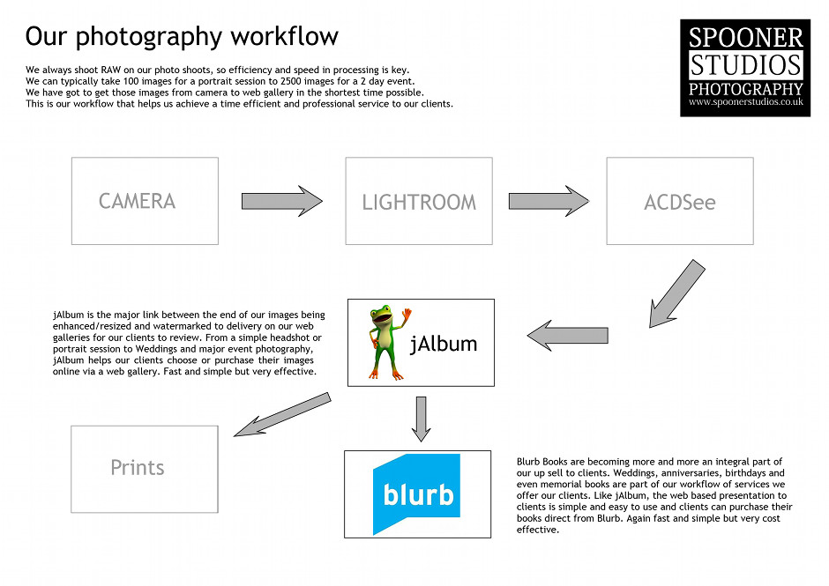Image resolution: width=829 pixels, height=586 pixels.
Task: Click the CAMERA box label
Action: (x=137, y=201)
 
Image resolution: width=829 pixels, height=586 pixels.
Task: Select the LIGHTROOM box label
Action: (x=419, y=202)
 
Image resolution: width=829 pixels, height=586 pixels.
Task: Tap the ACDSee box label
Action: (x=679, y=202)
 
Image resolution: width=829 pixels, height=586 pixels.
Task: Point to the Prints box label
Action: (x=138, y=467)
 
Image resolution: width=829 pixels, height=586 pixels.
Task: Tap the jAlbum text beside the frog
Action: (x=444, y=344)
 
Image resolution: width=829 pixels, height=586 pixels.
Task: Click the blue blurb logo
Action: (x=417, y=493)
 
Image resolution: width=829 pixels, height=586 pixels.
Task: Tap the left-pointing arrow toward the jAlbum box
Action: (x=568, y=334)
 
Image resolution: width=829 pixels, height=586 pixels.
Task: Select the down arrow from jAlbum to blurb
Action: (x=421, y=419)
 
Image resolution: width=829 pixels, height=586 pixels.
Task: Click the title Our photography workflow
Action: (x=182, y=37)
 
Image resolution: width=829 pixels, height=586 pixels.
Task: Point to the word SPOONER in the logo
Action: (x=745, y=38)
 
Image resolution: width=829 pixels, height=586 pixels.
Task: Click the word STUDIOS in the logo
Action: (x=745, y=64)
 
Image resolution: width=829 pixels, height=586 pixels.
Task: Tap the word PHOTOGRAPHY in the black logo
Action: (x=745, y=89)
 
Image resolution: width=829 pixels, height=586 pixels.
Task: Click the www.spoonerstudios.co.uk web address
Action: (x=745, y=102)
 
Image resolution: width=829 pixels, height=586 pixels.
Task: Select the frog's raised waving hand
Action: (x=406, y=314)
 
